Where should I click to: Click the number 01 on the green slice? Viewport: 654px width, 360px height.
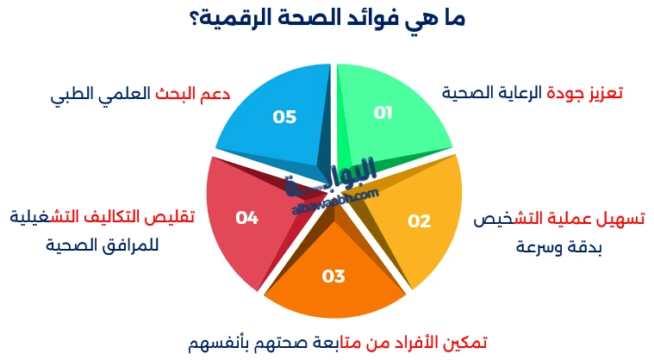(x=383, y=113)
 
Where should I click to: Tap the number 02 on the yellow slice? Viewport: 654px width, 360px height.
(x=419, y=221)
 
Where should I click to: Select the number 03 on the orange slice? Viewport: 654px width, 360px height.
(x=333, y=276)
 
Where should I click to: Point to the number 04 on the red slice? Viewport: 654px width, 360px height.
(x=247, y=218)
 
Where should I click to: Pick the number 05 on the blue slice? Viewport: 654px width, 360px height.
(x=284, y=117)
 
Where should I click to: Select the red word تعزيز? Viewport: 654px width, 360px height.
(x=603, y=92)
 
